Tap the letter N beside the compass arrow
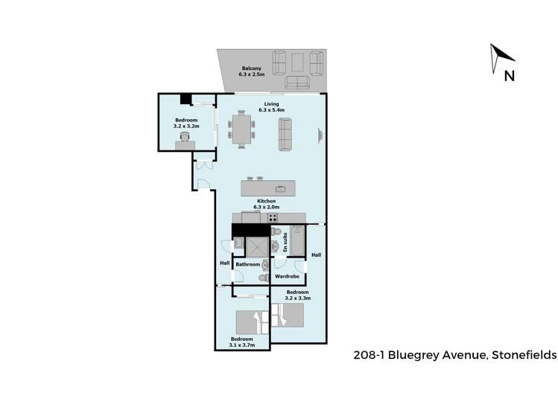509,74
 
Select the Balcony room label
250,71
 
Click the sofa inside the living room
287,134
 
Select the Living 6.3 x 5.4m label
271,107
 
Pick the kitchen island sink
281,188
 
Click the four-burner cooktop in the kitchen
273,218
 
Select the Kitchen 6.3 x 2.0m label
267,204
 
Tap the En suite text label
285,239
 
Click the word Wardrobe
287,276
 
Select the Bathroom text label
247,264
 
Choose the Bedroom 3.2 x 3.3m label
297,295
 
